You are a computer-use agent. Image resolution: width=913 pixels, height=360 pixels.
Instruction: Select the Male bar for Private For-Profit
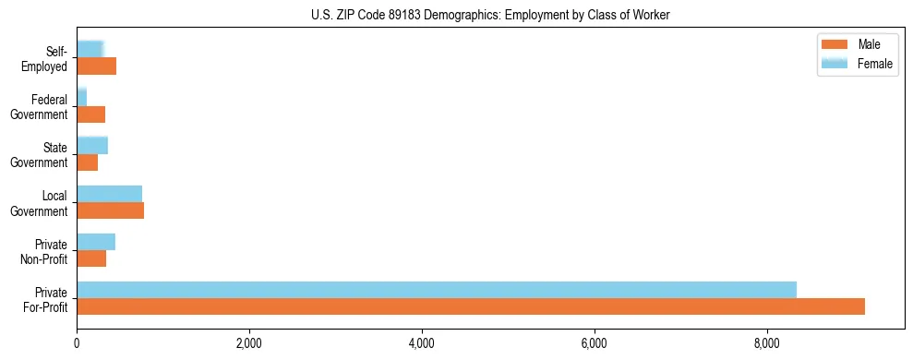click(471, 306)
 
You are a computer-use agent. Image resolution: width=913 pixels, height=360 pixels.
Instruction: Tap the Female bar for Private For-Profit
click(437, 290)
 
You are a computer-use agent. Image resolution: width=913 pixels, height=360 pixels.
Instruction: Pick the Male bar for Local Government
click(111, 210)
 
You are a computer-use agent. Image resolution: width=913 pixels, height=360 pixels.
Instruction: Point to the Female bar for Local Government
click(110, 194)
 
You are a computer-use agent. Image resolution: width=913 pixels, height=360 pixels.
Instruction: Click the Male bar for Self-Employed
click(97, 66)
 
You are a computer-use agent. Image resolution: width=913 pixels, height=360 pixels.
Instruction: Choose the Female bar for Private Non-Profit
click(96, 242)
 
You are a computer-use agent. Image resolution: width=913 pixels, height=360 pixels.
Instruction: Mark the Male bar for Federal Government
click(91, 114)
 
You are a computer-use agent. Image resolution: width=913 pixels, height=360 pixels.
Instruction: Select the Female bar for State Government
click(92, 145)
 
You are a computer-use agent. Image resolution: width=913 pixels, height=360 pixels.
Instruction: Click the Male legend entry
click(868, 44)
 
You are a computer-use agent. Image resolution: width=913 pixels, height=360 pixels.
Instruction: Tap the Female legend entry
click(874, 63)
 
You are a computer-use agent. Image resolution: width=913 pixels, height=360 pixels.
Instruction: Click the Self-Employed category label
click(45, 58)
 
